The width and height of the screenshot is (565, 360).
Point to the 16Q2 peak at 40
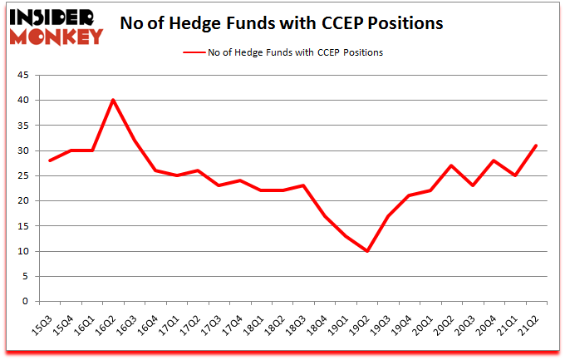click(x=113, y=100)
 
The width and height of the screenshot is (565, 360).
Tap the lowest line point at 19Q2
click(x=366, y=251)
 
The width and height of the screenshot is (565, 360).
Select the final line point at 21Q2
click(x=536, y=145)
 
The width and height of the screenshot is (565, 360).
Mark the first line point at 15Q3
click(x=49, y=160)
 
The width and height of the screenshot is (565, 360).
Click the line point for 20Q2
click(x=451, y=165)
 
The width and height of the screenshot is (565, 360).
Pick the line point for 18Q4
click(x=324, y=216)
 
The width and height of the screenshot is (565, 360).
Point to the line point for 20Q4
click(x=494, y=160)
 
